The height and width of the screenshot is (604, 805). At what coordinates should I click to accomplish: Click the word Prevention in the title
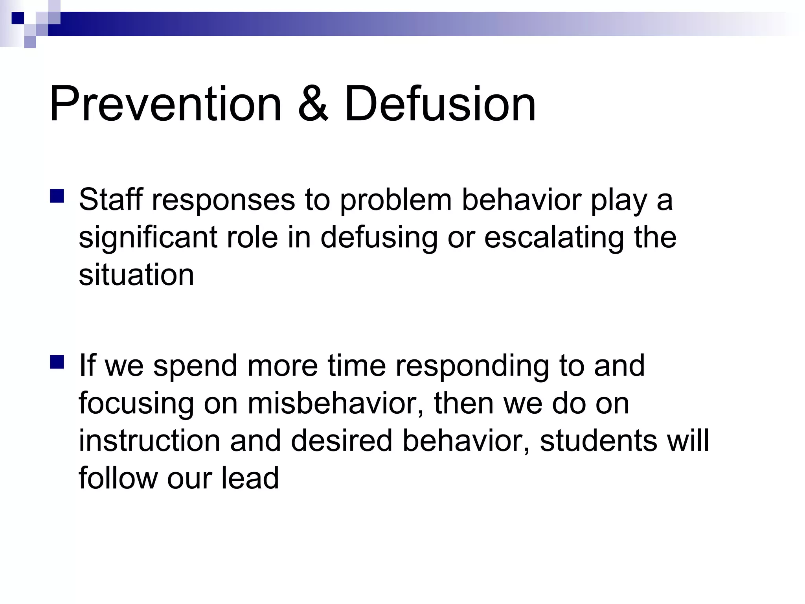point(165,104)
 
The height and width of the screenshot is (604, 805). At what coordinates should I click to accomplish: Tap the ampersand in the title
point(313,104)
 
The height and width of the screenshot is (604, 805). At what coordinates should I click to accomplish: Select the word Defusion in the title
point(440,104)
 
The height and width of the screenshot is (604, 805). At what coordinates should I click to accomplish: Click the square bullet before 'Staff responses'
point(57,196)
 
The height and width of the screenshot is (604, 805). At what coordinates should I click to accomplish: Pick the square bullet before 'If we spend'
point(57,362)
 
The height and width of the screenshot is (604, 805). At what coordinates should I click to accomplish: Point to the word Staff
point(110,200)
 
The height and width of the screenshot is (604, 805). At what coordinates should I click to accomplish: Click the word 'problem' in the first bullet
point(395,200)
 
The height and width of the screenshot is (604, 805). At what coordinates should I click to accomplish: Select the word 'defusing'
point(379,238)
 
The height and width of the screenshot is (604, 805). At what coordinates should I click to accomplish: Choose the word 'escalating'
point(554,238)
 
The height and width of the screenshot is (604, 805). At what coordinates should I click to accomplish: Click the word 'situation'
point(136,275)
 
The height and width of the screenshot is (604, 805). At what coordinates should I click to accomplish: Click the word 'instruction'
point(149,441)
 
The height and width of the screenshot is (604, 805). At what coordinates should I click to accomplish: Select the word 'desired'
point(342,441)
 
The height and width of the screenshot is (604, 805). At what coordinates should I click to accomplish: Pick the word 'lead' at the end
point(250,478)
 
